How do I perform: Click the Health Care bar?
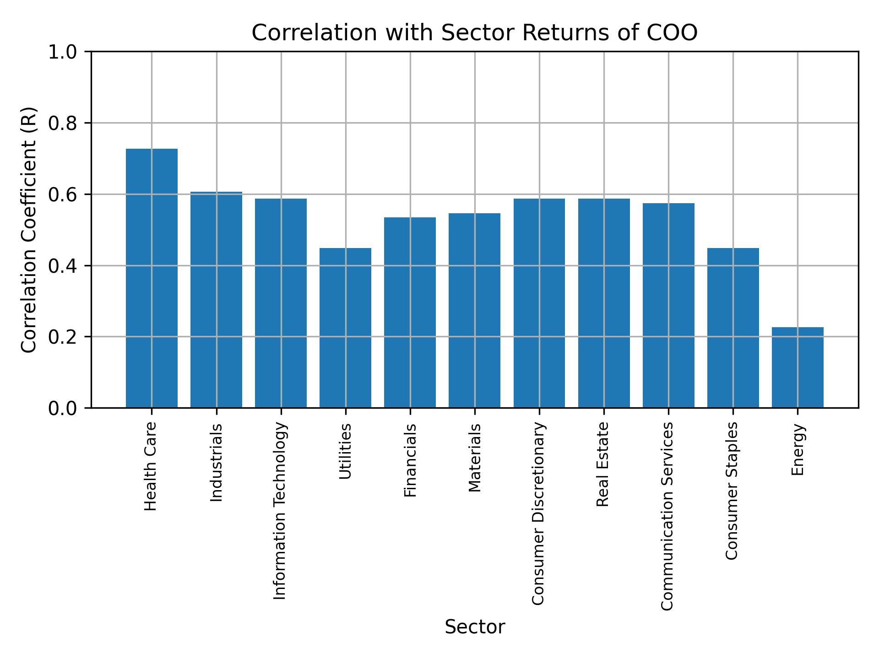coord(152,278)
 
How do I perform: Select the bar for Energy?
coord(798,367)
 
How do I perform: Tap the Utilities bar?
coord(345,327)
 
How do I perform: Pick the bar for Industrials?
coord(216,299)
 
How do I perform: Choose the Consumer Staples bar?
coord(733,327)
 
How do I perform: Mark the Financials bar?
coord(410,312)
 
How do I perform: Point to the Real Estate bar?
coord(604,302)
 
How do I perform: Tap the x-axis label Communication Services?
coord(667,516)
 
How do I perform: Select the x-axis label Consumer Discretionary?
coord(538,513)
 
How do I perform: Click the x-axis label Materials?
coord(475,458)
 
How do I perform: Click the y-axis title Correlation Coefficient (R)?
coord(29,230)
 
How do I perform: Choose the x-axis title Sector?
coord(475,627)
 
